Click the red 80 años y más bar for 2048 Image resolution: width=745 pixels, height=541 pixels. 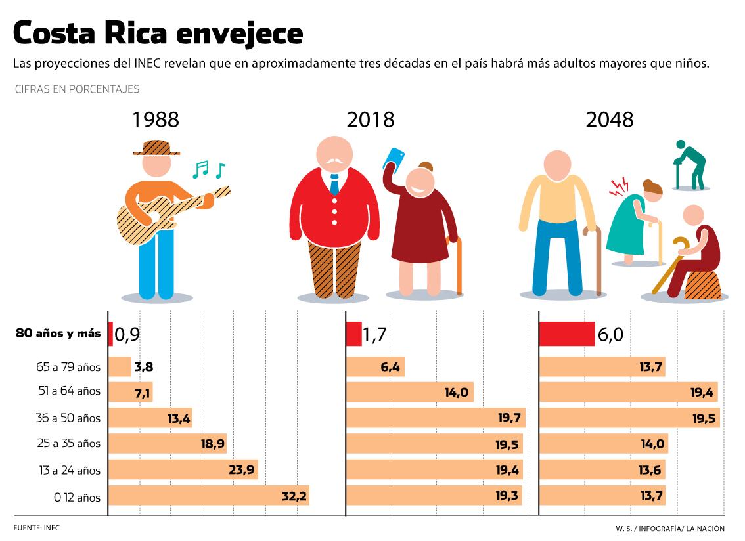click(567, 334)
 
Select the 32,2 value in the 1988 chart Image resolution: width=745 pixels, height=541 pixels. click(294, 496)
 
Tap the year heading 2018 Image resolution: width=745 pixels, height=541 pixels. click(371, 119)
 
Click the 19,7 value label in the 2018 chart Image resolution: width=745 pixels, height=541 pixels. click(508, 418)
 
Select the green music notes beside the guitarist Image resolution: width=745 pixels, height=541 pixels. click(208, 170)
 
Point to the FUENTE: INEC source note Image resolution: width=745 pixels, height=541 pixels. click(32, 527)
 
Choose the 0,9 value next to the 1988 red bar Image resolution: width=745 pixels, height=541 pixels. click(127, 335)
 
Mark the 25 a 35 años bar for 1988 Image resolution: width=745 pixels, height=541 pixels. click(167, 444)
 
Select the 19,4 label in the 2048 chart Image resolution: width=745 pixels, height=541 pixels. click(702, 392)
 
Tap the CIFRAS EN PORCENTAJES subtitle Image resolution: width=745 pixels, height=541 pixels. click(77, 89)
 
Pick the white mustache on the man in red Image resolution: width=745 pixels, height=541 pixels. click(334, 160)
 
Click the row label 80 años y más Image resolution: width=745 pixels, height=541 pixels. click(58, 334)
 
